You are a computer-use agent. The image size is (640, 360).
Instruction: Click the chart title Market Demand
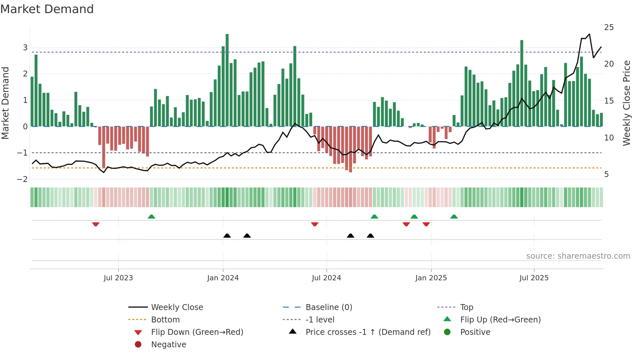[47, 9]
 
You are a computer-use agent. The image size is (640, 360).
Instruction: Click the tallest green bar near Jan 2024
[227, 80]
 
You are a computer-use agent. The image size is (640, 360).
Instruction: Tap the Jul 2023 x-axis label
[118, 278]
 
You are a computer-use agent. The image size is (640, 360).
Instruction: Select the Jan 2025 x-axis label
[431, 278]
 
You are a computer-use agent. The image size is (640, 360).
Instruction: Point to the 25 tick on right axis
[609, 27]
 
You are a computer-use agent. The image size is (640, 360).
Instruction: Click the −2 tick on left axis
[22, 179]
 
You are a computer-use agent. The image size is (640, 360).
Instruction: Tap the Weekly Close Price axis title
[626, 103]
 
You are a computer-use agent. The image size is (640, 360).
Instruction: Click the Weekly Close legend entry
[177, 307]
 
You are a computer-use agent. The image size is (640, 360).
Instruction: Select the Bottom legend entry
[165, 320]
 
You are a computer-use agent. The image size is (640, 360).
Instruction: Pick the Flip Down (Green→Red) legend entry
[197, 332]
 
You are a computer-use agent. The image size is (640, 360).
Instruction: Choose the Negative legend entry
[168, 345]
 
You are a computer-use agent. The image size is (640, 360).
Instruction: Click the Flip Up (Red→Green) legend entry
[500, 320]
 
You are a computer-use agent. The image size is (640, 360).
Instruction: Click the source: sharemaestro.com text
[578, 256]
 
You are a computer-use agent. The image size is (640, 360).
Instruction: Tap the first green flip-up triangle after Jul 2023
[151, 217]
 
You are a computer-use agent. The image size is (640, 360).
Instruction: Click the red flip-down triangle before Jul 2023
[96, 224]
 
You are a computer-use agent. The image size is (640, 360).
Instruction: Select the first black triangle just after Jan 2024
[227, 236]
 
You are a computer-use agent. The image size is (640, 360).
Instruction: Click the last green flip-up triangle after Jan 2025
[454, 217]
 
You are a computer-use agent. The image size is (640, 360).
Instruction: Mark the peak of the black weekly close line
[589, 34]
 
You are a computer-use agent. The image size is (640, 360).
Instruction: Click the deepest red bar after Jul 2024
[350, 149]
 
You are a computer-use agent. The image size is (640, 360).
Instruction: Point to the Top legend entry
[466, 307]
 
